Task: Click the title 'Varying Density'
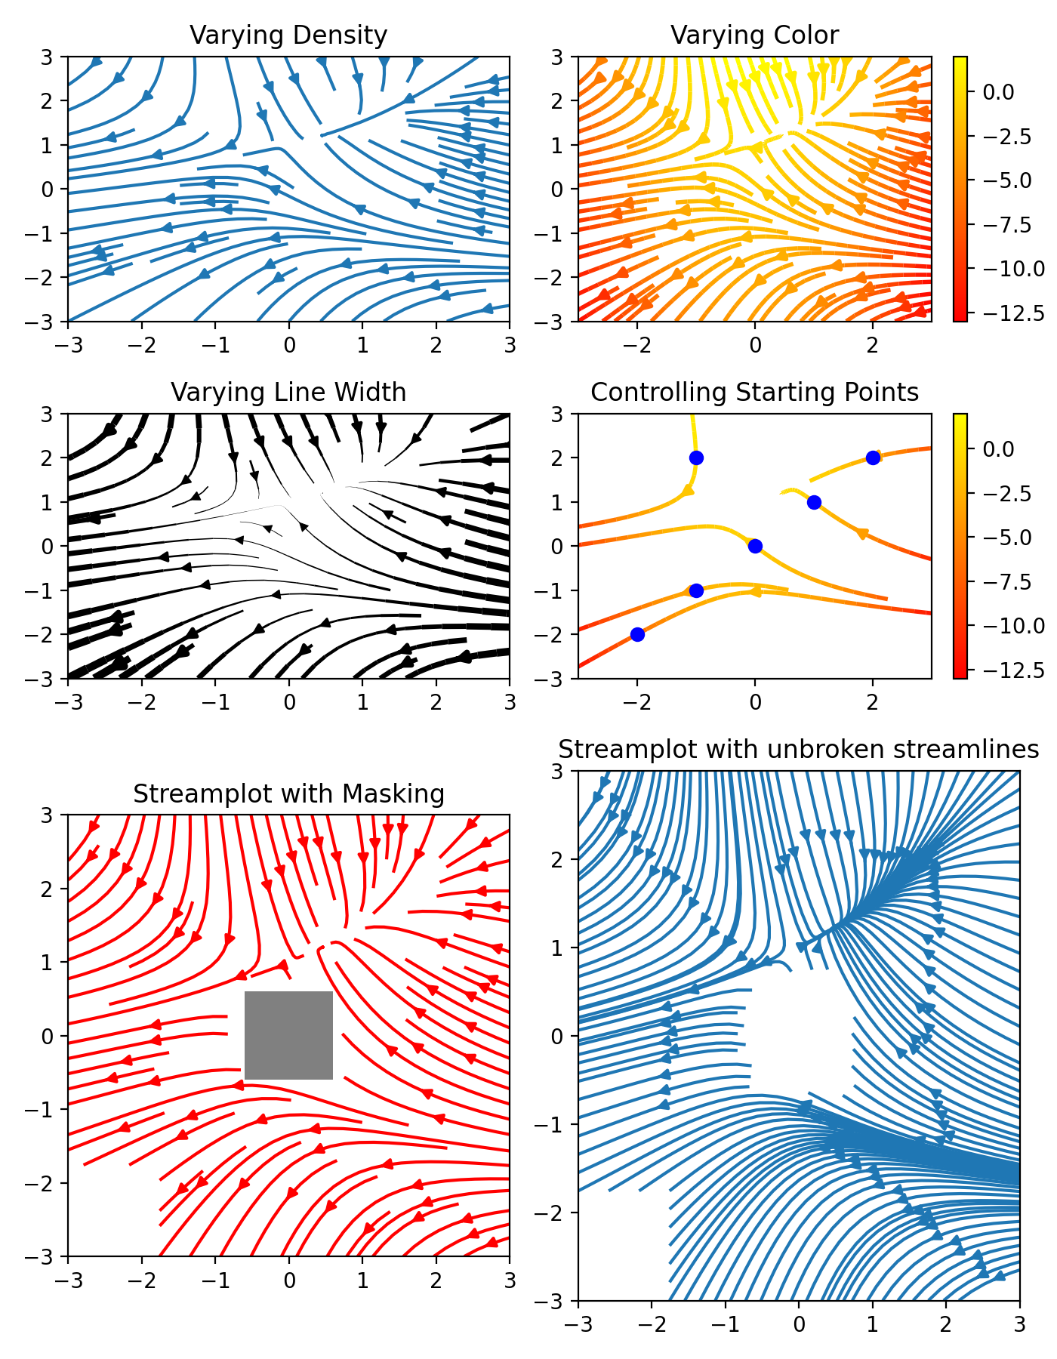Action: (x=288, y=35)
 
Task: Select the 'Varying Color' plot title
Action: (x=754, y=35)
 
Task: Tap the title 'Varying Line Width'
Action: (x=288, y=393)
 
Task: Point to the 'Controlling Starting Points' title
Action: (x=754, y=393)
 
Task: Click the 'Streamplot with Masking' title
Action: (x=288, y=794)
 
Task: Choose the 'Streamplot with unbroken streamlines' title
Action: (x=799, y=750)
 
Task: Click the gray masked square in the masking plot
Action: (x=288, y=1035)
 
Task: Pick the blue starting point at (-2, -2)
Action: (x=637, y=634)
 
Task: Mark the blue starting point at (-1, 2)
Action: (x=696, y=458)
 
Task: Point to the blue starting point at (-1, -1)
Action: (x=696, y=590)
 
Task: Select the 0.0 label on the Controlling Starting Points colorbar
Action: (x=998, y=449)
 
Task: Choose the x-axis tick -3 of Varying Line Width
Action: (x=68, y=702)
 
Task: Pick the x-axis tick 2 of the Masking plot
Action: (x=436, y=1280)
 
